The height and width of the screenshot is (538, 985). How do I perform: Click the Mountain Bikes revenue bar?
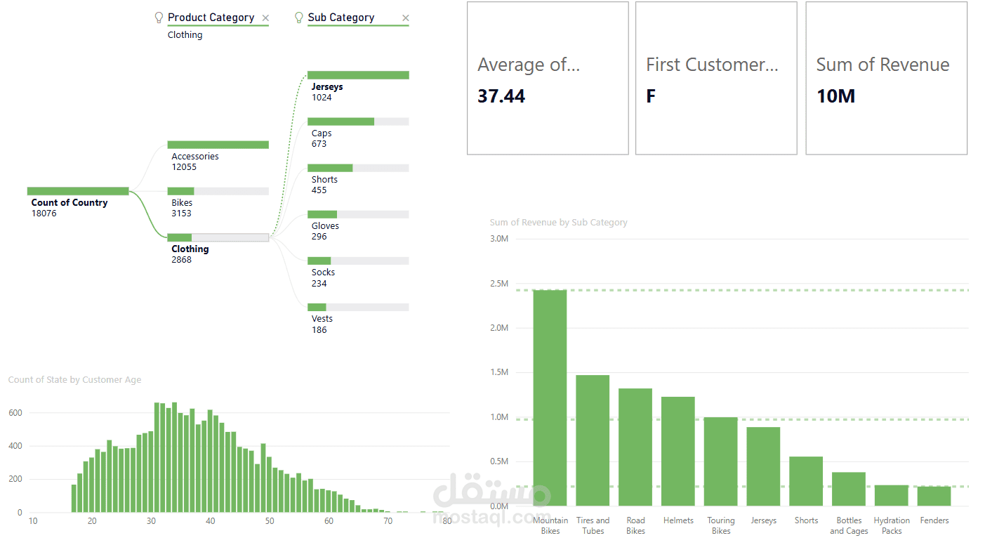(x=550, y=398)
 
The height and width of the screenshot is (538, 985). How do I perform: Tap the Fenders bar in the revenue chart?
(x=934, y=496)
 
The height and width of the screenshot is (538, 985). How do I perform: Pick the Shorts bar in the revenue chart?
(x=806, y=481)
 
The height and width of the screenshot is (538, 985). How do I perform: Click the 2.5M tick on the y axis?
(x=498, y=284)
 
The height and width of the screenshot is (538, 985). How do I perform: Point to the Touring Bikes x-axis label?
(x=721, y=525)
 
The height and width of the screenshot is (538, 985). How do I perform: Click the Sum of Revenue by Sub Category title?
(x=558, y=223)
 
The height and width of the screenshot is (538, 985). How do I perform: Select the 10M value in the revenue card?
(x=835, y=96)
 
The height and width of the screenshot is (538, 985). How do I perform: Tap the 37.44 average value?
(x=501, y=96)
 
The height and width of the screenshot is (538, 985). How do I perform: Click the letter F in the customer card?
(x=651, y=96)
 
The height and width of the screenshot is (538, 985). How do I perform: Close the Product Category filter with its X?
(x=265, y=18)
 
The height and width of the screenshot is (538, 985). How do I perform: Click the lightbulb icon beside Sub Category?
(x=299, y=18)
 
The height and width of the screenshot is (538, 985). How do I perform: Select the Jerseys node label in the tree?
(x=327, y=87)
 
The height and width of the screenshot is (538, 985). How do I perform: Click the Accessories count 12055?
(x=184, y=167)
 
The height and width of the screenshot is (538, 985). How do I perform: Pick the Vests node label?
(x=322, y=319)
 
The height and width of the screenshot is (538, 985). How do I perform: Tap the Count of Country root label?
(x=70, y=203)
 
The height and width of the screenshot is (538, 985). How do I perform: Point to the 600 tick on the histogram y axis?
(x=15, y=413)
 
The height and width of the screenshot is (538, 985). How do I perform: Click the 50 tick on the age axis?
(x=270, y=521)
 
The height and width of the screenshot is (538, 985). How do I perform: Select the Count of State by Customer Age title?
(x=74, y=380)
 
